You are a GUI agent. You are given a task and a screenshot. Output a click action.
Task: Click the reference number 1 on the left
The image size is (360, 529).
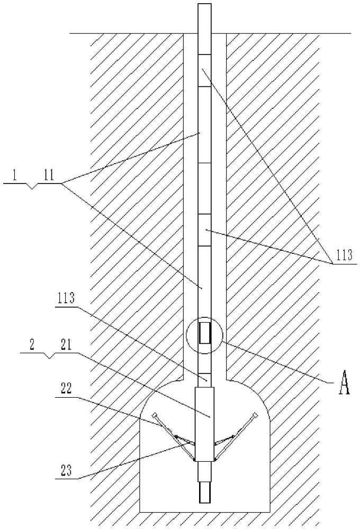click(x=14, y=177)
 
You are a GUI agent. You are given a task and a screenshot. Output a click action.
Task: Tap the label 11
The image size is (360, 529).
click(x=49, y=176)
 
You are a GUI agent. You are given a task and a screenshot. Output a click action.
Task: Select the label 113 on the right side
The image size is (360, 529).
click(x=344, y=255)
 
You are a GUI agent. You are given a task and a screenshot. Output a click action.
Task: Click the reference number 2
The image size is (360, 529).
click(x=31, y=346)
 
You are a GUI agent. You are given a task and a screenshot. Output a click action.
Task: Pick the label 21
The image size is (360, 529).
click(x=66, y=346)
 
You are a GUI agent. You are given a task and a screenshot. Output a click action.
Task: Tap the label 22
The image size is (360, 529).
click(x=66, y=389)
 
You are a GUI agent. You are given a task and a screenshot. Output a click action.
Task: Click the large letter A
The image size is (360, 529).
click(x=344, y=382)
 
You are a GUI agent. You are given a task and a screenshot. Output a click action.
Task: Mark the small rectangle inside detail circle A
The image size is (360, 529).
click(x=204, y=333)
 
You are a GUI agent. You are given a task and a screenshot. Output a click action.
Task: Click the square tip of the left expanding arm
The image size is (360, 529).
click(x=155, y=415)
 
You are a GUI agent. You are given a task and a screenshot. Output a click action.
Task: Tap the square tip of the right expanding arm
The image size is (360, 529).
click(x=255, y=415)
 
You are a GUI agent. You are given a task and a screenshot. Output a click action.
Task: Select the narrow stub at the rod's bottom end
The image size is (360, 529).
click(x=204, y=492)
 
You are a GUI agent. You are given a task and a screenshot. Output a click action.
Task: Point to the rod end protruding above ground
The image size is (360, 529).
click(x=205, y=19)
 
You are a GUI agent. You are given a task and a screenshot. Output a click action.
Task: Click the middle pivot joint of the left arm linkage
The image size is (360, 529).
click(x=176, y=436)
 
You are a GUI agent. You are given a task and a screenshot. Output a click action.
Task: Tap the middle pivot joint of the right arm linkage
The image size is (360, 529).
click(x=233, y=436)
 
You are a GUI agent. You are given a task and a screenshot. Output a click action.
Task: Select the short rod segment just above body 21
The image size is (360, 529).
click(x=205, y=380)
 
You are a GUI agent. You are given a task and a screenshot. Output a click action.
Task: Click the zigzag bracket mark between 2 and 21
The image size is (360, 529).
click(x=50, y=355)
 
